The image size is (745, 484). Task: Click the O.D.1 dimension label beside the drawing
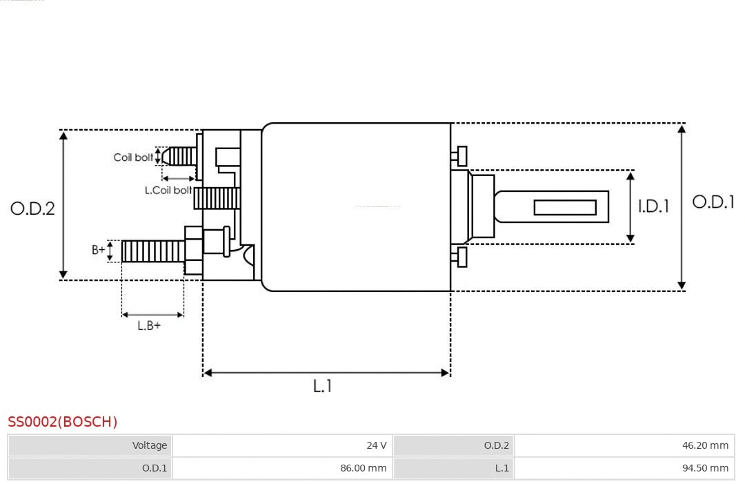[713, 202]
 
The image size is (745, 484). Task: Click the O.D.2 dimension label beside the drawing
[32, 208]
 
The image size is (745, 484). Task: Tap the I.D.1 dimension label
[653, 206]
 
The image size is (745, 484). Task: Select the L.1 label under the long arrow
[323, 387]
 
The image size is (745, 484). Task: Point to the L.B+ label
[149, 326]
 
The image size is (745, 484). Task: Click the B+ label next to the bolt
[99, 250]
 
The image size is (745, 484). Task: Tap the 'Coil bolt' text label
[133, 157]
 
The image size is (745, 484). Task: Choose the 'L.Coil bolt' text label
[168, 190]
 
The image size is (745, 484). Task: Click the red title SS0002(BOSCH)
[63, 422]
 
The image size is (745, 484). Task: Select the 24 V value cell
[282, 445]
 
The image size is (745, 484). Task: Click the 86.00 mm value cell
[282, 468]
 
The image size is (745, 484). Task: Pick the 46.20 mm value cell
[624, 445]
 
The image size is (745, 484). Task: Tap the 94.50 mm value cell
[624, 468]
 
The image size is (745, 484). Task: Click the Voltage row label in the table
[90, 445]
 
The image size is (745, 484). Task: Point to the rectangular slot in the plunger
[565, 207]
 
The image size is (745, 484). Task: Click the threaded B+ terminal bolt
[152, 251]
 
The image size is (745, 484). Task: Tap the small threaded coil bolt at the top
[181, 156]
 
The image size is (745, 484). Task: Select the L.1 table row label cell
[454, 468]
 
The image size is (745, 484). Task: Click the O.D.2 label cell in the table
[454, 445]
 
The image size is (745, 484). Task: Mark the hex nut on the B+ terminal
[193, 251]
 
